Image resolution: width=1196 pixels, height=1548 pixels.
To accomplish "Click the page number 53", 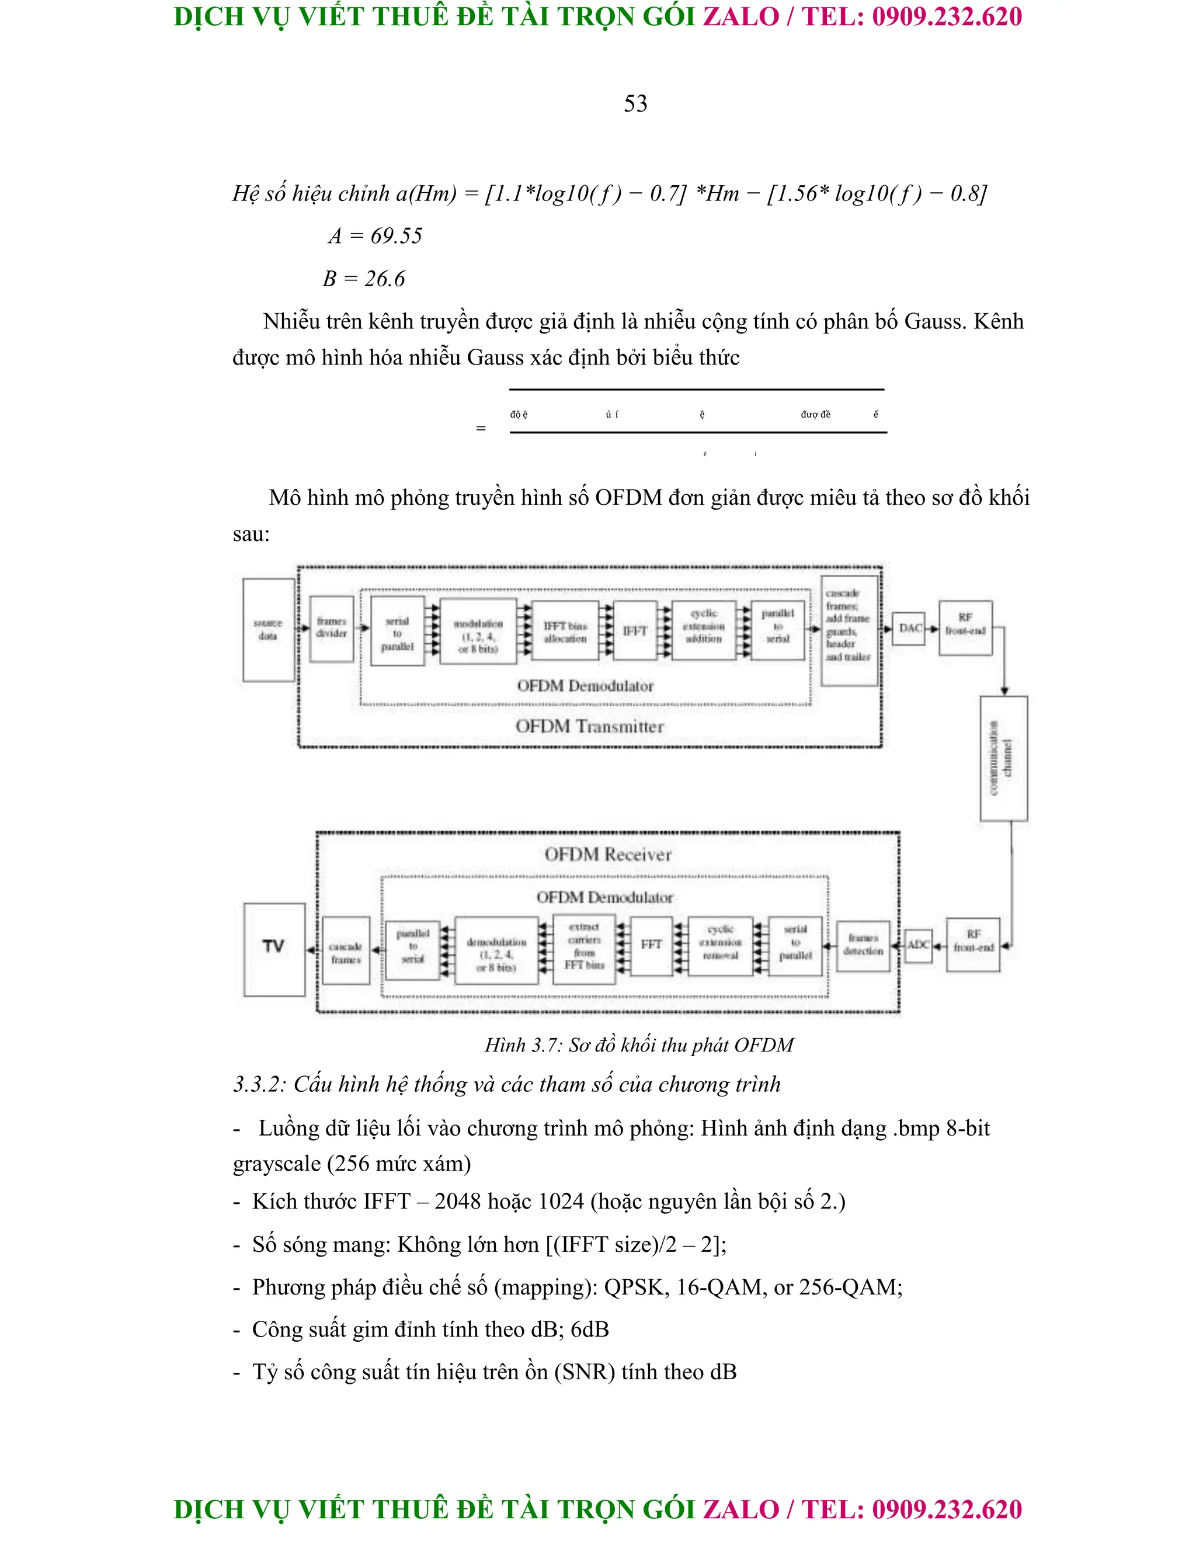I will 635,103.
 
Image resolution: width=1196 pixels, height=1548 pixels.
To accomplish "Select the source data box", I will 269,629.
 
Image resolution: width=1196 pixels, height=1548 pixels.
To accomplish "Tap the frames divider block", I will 332,628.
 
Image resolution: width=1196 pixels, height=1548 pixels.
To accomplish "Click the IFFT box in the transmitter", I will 635,630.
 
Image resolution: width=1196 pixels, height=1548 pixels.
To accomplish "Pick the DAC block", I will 910,628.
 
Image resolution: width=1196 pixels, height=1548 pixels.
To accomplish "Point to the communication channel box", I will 1003,758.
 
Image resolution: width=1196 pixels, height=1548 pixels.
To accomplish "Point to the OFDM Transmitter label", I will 589,727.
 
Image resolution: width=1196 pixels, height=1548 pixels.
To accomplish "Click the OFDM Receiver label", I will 608,855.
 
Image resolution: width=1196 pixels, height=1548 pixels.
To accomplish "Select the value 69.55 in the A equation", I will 396,236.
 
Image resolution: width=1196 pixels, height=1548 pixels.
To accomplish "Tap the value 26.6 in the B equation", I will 385,279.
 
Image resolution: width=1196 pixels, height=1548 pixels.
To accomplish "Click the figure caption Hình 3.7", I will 638,1045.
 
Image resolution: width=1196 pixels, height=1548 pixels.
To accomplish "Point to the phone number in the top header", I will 947,17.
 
